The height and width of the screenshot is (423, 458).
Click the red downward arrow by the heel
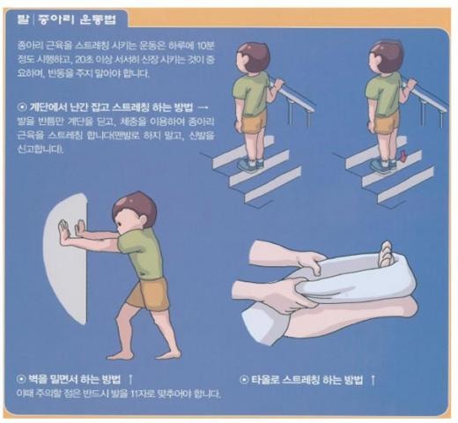[403, 156]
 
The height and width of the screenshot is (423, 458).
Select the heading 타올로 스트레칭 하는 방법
[307, 380]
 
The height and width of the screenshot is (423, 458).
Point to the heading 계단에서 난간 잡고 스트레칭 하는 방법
[111, 108]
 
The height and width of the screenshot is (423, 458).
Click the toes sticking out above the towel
[386, 254]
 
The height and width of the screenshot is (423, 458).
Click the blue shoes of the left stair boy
[250, 166]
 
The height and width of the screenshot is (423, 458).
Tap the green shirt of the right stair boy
[382, 93]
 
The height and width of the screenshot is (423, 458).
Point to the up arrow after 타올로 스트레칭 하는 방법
[373, 380]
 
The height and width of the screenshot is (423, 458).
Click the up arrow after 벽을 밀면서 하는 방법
[130, 379]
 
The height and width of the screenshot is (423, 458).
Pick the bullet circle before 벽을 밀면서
[21, 380]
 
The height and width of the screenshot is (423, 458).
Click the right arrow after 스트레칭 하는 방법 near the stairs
[203, 108]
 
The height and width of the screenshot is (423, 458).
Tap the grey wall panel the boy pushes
[66, 258]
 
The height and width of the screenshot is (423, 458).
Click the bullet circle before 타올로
[243, 381]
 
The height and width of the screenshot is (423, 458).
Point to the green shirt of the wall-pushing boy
[141, 253]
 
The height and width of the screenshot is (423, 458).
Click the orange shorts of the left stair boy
[254, 122]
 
